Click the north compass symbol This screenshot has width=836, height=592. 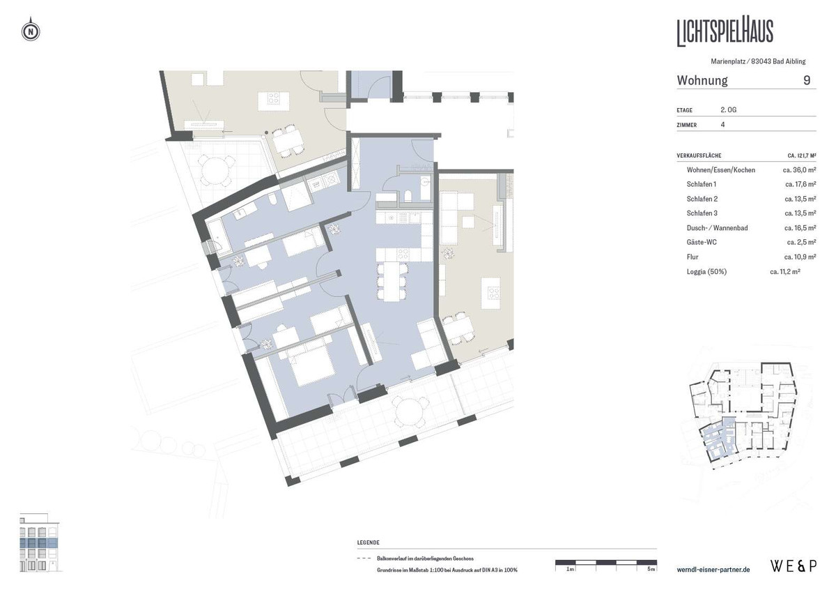tap(31, 30)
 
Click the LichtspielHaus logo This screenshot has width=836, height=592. tap(725, 33)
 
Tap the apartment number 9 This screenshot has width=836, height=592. tap(807, 80)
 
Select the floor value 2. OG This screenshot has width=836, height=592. tap(728, 109)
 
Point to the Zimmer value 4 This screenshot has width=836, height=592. tap(722, 125)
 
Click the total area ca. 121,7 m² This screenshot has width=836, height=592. tap(802, 155)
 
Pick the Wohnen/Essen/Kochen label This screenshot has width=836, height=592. tap(720, 170)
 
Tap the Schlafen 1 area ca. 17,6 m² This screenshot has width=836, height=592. tap(800, 184)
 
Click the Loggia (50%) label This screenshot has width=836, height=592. tap(706, 272)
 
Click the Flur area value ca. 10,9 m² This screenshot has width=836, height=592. tap(800, 257)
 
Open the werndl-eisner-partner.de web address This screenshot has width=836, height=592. tap(713, 570)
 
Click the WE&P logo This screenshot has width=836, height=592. tap(794, 566)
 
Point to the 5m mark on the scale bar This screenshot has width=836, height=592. tap(651, 569)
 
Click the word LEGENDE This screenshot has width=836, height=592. tap(369, 542)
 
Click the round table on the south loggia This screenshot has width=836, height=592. tap(410, 411)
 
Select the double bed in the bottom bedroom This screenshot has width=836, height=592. tap(310, 365)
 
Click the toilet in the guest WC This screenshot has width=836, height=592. tap(408, 196)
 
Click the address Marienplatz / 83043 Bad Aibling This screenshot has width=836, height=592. tap(758, 61)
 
